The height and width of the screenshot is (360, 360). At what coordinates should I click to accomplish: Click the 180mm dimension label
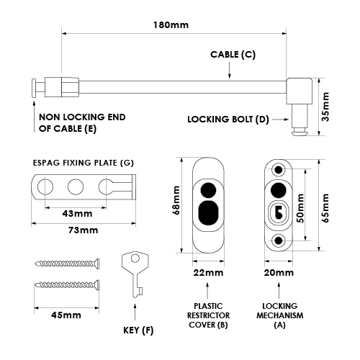(171, 25)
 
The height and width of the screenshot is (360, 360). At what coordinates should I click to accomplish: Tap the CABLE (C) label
(233, 55)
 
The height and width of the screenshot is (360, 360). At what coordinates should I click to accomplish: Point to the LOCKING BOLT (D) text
(228, 120)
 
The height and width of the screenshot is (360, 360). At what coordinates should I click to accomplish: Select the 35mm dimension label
(325, 107)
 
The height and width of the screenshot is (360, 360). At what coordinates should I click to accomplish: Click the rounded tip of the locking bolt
(300, 132)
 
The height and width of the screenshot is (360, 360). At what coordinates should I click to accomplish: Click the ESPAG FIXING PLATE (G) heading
(83, 163)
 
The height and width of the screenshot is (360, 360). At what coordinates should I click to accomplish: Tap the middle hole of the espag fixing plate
(76, 186)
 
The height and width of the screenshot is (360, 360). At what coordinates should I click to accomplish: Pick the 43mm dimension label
(77, 214)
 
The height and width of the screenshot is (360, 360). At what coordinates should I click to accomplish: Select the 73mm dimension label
(83, 230)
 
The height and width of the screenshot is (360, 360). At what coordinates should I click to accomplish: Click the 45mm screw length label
(66, 315)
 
